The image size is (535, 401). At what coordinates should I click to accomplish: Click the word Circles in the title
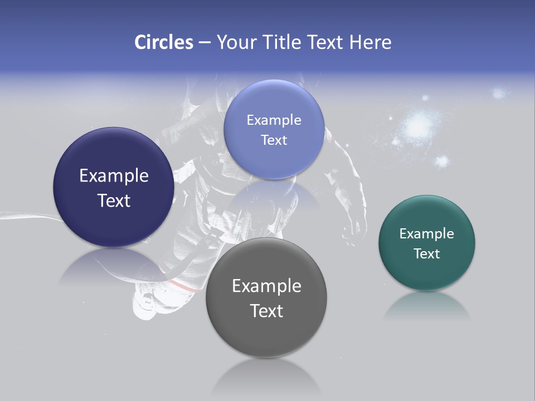coord(163,42)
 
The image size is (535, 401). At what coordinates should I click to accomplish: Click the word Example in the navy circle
coord(114,176)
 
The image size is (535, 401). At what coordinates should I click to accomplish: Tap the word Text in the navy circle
coord(114,200)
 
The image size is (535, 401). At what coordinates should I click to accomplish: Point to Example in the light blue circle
coord(274,120)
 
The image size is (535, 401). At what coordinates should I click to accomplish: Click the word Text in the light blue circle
coord(274,140)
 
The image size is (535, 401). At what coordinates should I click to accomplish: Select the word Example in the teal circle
coord(426,234)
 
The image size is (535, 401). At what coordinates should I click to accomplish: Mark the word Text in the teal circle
coord(426,254)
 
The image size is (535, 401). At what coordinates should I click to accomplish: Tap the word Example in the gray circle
coord(266,286)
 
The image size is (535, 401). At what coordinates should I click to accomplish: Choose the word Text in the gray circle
coord(266,311)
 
